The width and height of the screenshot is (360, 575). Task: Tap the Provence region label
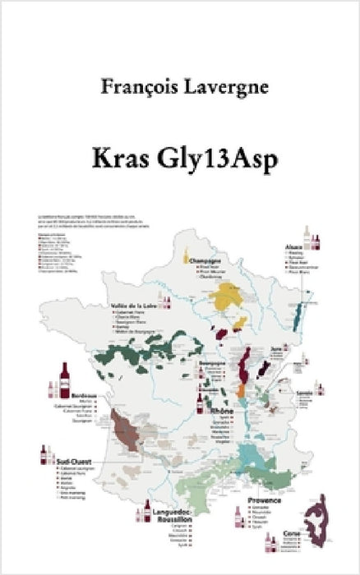pos(265,500)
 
